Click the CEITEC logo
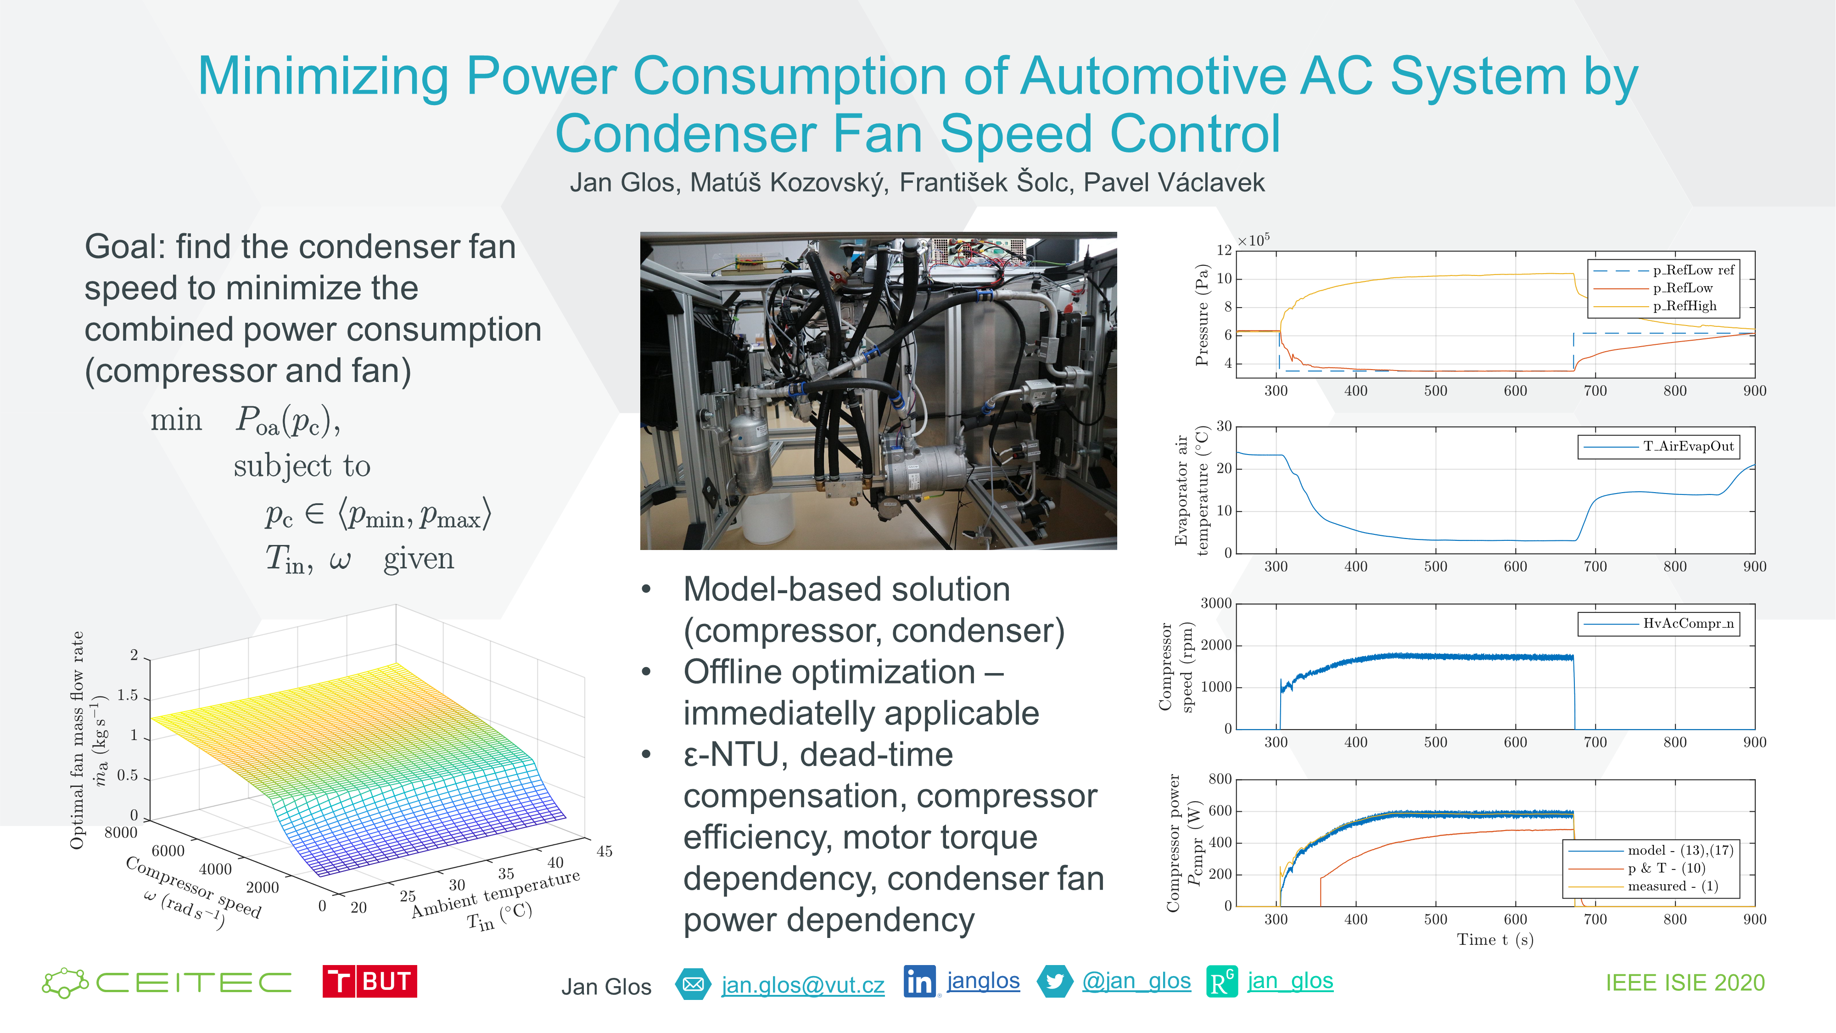click(x=167, y=982)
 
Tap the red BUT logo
click(x=369, y=982)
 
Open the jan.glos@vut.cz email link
click(x=802, y=984)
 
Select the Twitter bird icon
click(x=1055, y=982)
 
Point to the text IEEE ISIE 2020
click(x=1685, y=983)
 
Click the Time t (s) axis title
click(x=1495, y=940)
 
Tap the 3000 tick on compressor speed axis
click(x=1216, y=604)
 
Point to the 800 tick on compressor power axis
click(x=1220, y=779)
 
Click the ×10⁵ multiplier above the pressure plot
click(x=1253, y=240)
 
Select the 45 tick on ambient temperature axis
click(x=605, y=851)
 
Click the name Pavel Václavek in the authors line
click(x=1174, y=183)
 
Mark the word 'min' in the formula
click(x=176, y=420)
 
